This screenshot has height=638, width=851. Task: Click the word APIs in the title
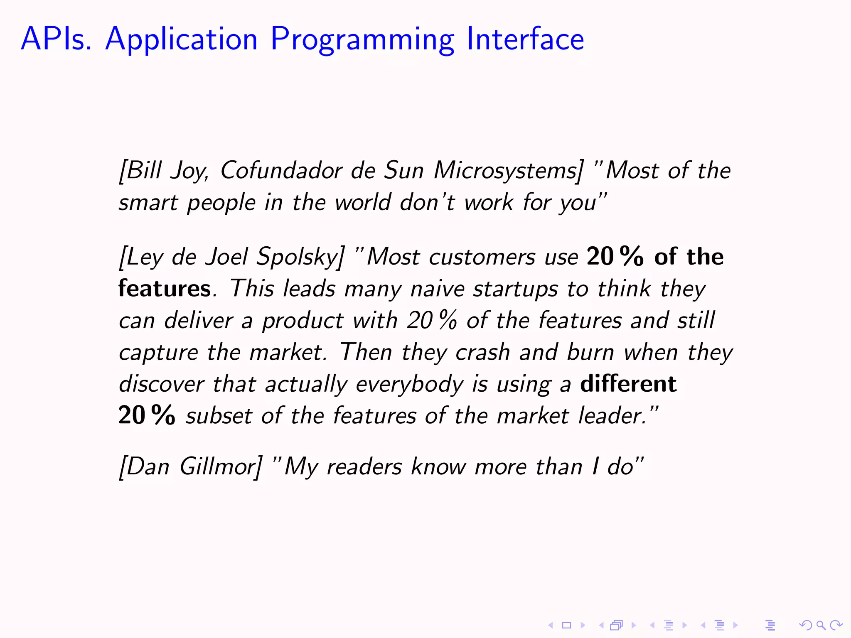tap(56, 39)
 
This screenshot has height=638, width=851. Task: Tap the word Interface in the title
tap(525, 39)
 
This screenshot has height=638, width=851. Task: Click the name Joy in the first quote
tap(189, 171)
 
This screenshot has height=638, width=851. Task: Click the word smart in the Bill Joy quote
tap(148, 203)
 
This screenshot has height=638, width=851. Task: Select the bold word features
tap(165, 288)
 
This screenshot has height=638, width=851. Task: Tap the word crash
tap(482, 352)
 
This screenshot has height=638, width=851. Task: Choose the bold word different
tap(628, 383)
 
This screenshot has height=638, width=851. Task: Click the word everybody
tap(409, 384)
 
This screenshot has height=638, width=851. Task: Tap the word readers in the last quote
tap(364, 466)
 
